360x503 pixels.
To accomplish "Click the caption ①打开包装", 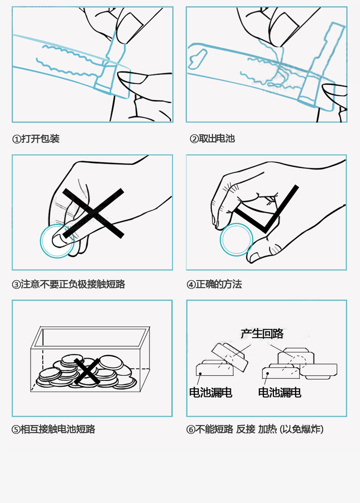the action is (36, 139).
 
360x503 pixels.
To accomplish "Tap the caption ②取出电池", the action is (212, 139).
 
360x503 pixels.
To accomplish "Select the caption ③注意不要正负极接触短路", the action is (68, 284).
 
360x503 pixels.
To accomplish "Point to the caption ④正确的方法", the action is (214, 284).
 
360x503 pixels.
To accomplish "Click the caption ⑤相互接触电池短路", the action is (53, 429).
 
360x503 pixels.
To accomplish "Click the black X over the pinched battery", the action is (93, 213).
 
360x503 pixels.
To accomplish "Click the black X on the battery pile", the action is (87, 371).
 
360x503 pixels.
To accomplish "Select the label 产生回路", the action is (262, 334).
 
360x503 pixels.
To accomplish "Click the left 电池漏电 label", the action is (211, 392).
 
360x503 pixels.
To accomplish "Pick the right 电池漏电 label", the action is (280, 392).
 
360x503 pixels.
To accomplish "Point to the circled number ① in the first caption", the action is (16, 139).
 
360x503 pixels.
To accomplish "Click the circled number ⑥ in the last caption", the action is (191, 430).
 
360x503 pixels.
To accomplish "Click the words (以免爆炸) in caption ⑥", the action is (302, 429).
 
